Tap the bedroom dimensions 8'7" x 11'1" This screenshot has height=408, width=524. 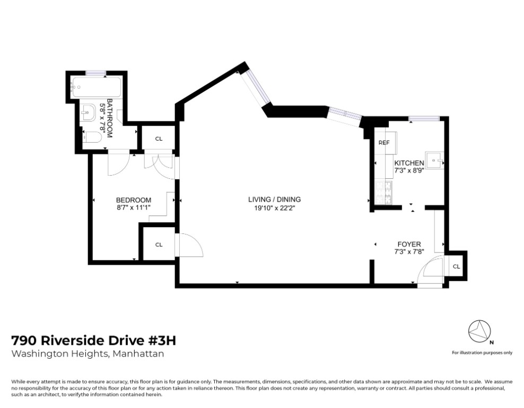[133, 207]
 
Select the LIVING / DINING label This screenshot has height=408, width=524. [274, 199]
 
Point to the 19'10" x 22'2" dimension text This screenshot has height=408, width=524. [274, 207]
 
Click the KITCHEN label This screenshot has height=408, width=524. [409, 163]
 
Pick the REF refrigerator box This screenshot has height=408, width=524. [384, 143]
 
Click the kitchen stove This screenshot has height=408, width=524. [383, 193]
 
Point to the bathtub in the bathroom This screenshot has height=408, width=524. [96, 85]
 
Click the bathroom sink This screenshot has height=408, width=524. [87, 111]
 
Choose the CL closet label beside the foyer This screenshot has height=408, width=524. [456, 266]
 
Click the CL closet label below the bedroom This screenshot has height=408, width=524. [159, 245]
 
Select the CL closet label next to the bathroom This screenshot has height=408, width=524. [159, 139]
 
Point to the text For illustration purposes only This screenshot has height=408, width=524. [482, 352]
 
